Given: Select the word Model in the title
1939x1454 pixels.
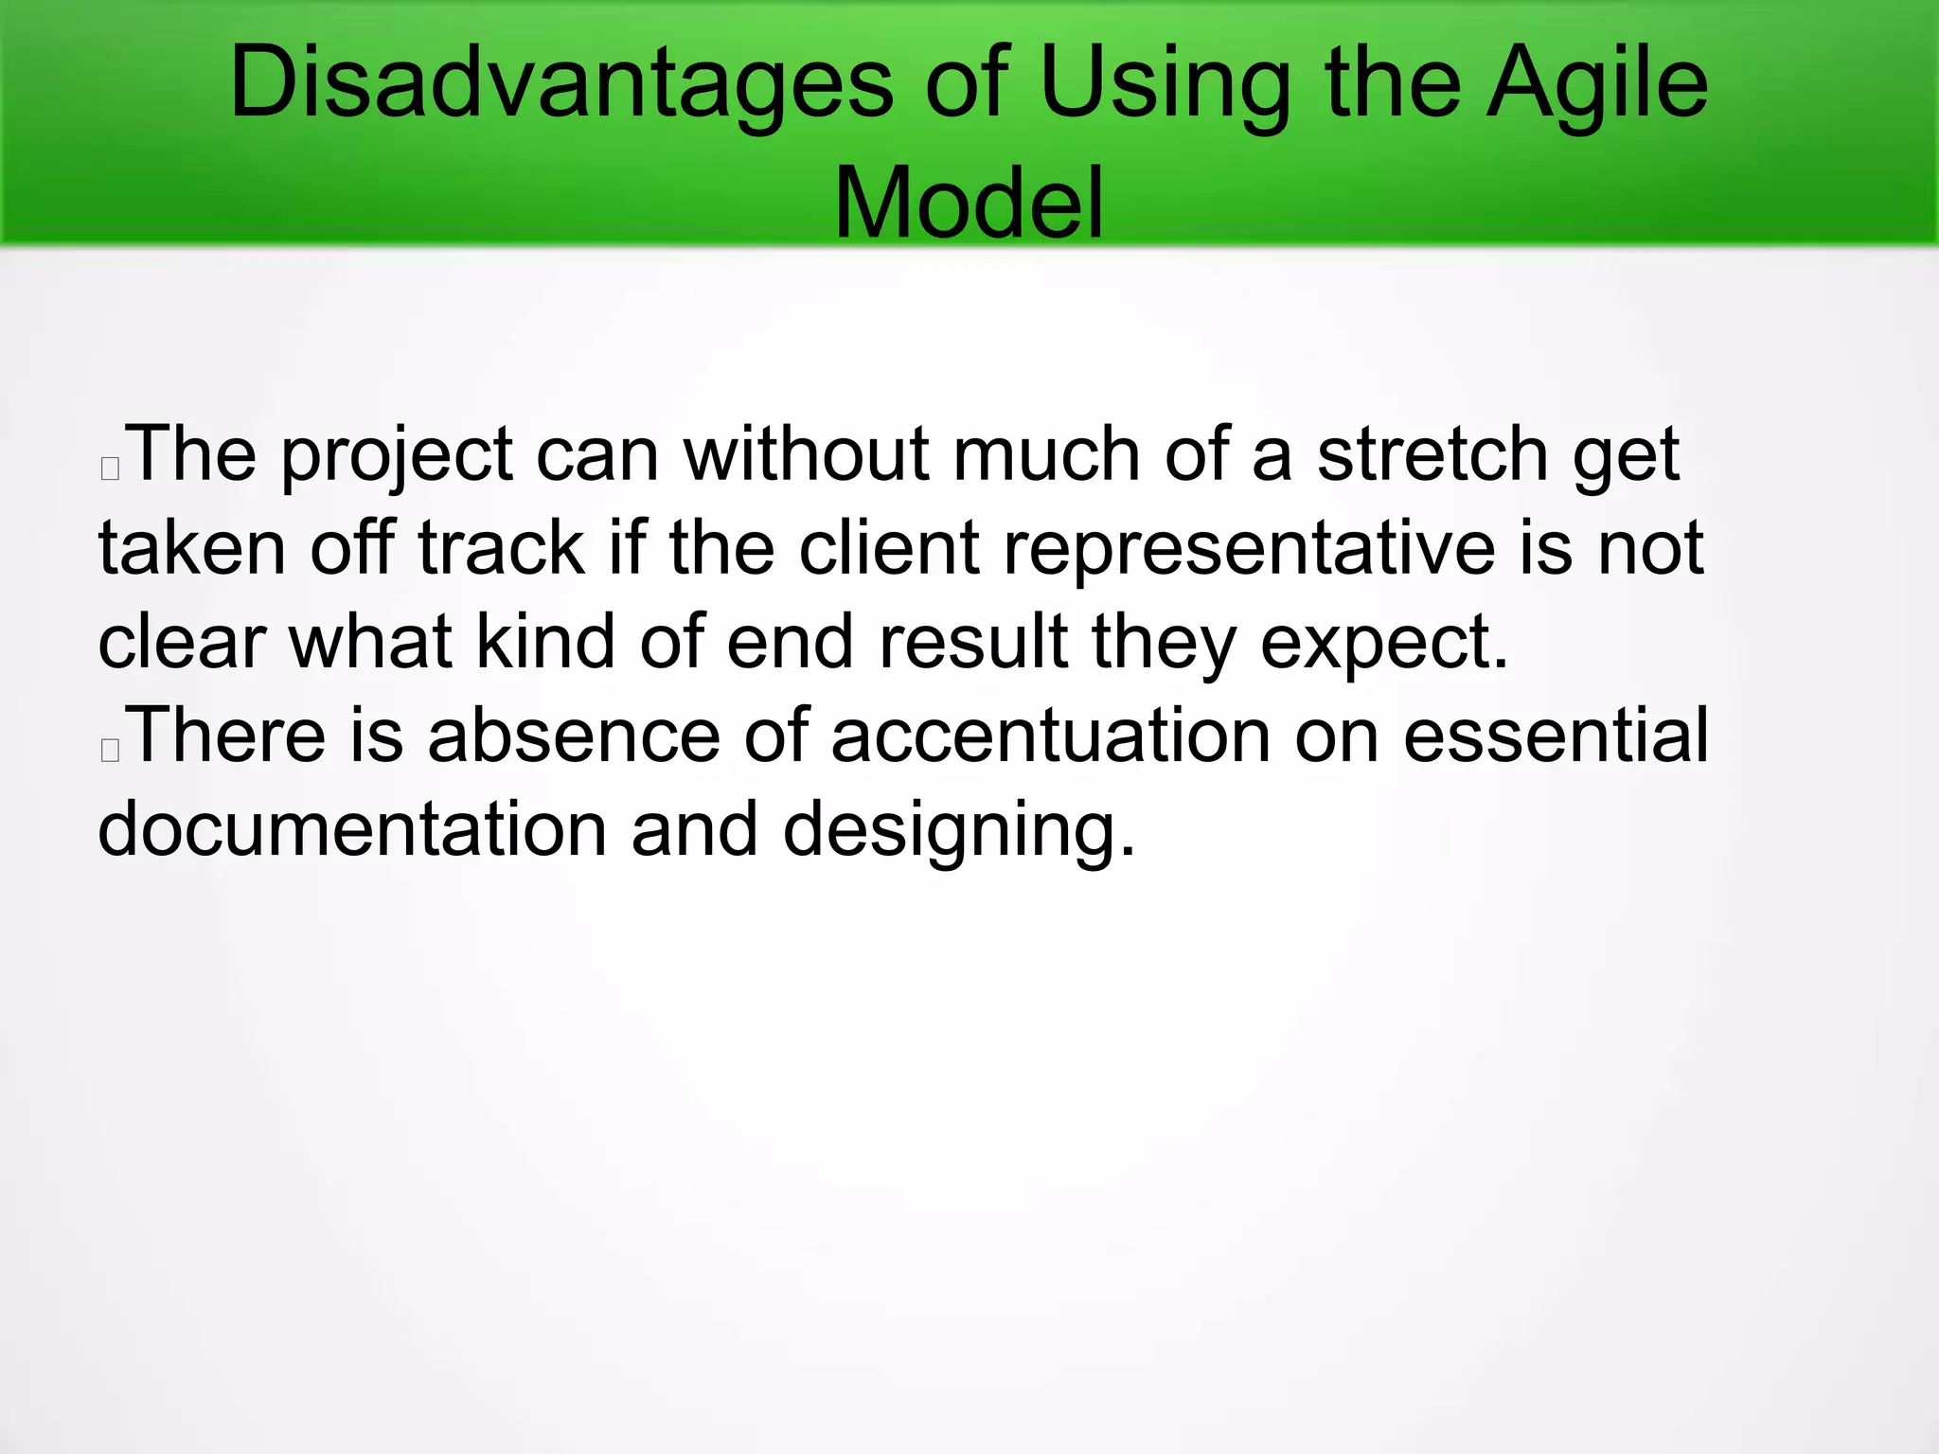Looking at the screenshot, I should click(x=969, y=204).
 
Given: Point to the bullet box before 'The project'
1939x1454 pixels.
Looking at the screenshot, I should click(x=110, y=468).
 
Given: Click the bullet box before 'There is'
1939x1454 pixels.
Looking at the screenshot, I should click(x=110, y=750).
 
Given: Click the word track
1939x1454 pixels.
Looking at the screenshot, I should click(x=502, y=548).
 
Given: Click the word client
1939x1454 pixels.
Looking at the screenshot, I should click(x=888, y=548).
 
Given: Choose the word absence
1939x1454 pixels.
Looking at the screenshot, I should click(x=574, y=736).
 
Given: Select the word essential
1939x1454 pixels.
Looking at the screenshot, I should click(x=1556, y=736).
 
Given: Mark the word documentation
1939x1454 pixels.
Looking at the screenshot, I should click(x=352, y=829).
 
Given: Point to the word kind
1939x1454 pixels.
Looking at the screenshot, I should click(x=545, y=642).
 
